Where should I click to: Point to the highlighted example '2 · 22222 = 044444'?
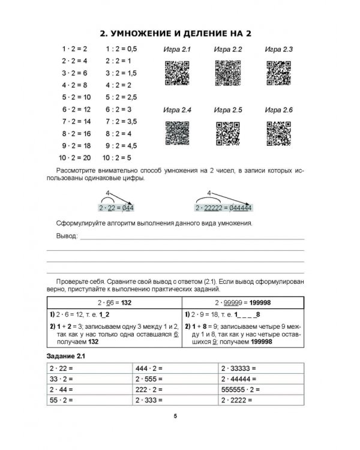click(x=223, y=208)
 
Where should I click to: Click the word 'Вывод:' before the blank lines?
click(x=67, y=237)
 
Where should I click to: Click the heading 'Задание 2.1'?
click(x=67, y=357)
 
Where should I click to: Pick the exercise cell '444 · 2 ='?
click(x=149, y=368)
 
